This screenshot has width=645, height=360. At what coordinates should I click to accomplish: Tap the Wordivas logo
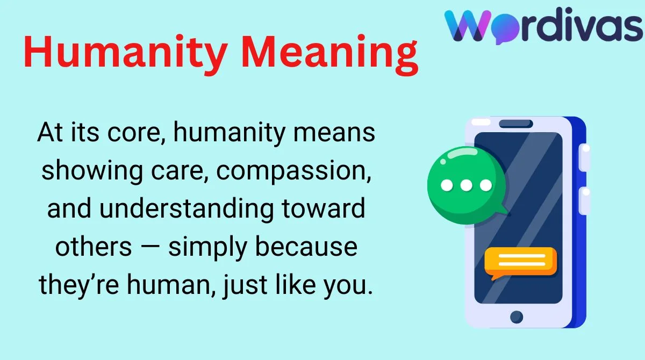543,26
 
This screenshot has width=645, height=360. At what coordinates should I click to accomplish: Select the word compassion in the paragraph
293,171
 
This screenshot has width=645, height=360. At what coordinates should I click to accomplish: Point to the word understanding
187,208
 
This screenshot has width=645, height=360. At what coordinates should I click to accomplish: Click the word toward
324,208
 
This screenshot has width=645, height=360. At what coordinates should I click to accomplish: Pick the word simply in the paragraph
208,247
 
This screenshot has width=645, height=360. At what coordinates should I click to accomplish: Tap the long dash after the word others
150,247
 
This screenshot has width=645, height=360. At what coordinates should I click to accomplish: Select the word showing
92,171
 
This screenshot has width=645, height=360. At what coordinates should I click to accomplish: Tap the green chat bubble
467,185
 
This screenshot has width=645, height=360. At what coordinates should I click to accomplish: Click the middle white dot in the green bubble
466,185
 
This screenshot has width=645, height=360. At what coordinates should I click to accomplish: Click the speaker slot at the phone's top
515,124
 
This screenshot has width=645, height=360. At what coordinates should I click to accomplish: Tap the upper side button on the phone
585,157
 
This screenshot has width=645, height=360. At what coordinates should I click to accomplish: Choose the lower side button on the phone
585,200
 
